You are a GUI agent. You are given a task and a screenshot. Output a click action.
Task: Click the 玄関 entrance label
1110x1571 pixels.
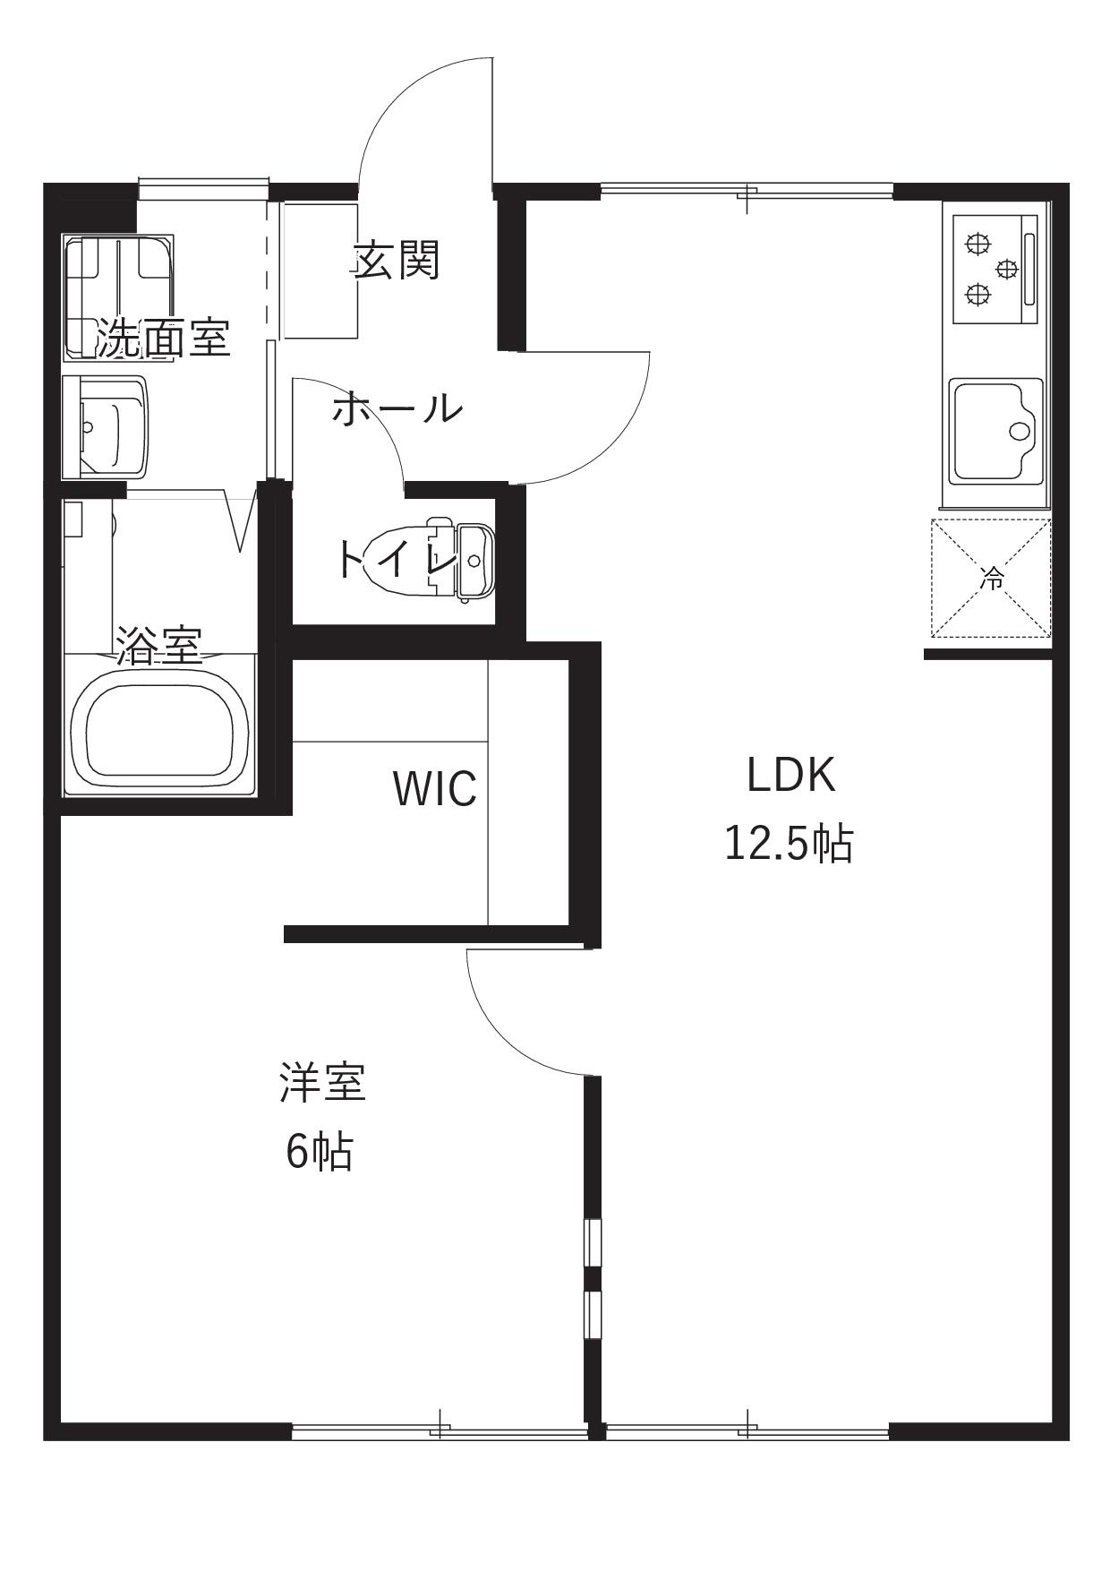[397, 261]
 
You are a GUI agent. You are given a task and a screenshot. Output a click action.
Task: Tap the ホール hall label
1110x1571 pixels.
[397, 409]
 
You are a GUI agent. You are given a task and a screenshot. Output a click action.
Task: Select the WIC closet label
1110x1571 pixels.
[434, 788]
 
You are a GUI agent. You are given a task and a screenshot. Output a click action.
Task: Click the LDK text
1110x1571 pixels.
[791, 775]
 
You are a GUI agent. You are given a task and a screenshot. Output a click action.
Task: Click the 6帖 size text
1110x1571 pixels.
[319, 1152]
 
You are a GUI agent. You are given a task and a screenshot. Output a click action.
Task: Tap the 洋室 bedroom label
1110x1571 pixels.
[322, 1082]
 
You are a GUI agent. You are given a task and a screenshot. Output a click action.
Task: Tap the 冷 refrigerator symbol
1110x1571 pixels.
[991, 579]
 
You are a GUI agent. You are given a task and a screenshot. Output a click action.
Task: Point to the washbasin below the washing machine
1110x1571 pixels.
[106, 426]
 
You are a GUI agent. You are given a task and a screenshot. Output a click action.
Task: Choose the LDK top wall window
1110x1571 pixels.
[747, 189]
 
